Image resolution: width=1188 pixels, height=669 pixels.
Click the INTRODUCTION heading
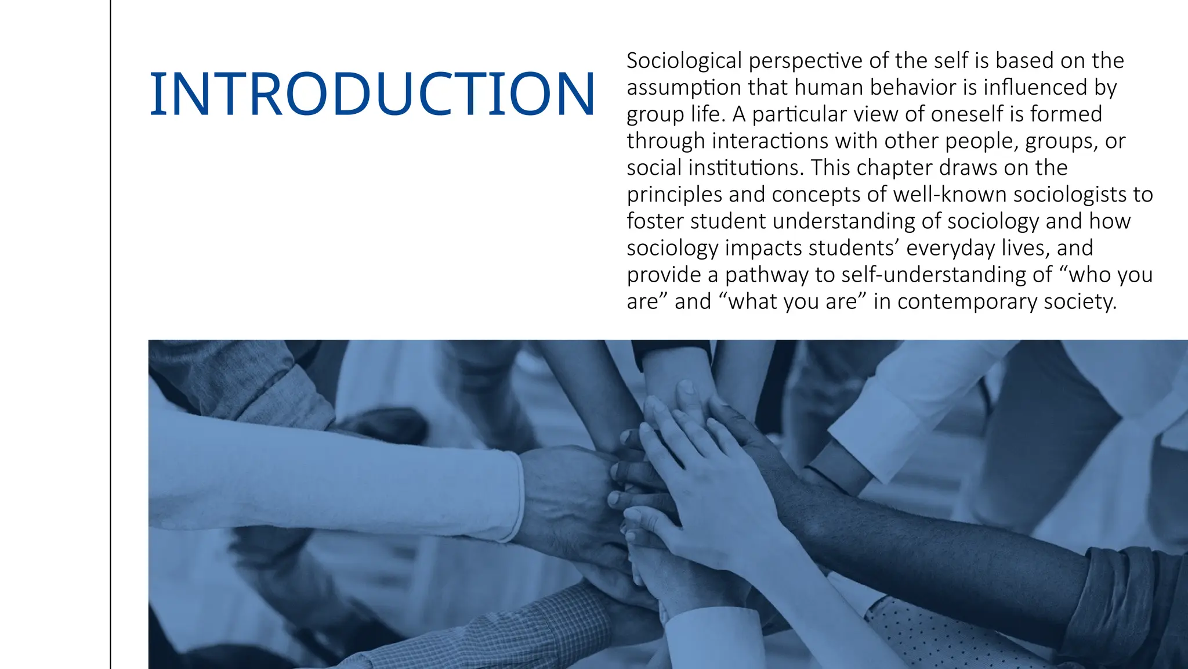[x=372, y=94]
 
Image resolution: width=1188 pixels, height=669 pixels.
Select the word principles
[x=675, y=195]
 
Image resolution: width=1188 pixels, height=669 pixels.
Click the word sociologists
[x=1073, y=195]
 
